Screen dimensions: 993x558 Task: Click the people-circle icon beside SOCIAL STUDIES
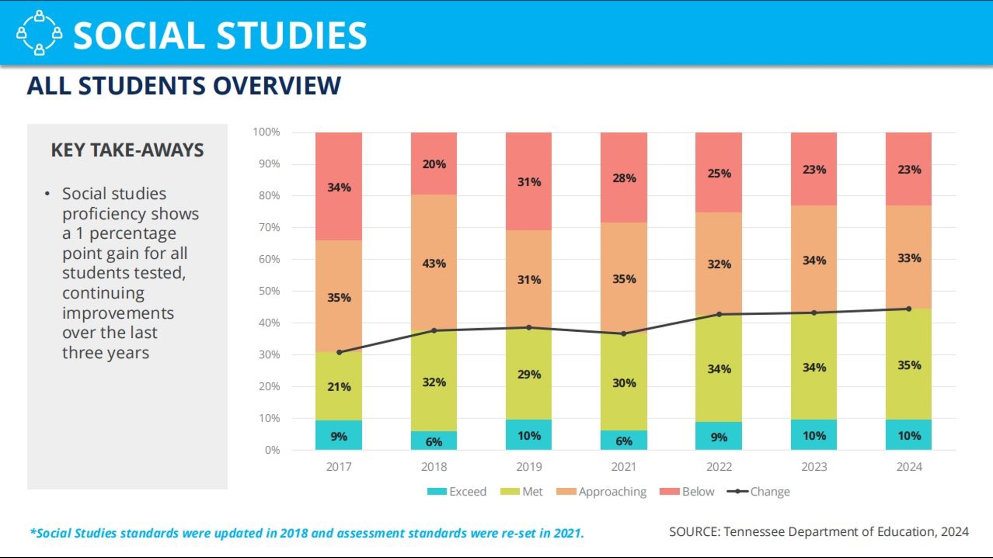point(39,33)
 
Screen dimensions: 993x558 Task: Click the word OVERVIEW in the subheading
point(277,86)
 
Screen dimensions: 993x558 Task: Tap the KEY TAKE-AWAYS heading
point(127,150)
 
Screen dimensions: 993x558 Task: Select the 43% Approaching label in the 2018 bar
point(434,263)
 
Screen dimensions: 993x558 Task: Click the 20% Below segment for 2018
point(434,163)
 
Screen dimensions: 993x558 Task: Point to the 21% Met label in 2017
point(339,386)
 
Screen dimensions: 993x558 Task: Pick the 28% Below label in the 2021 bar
point(624,178)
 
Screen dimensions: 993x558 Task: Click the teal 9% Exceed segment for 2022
point(719,436)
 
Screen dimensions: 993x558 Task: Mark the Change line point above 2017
point(339,352)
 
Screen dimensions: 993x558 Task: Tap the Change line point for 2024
point(909,309)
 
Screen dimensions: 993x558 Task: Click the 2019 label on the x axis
point(529,467)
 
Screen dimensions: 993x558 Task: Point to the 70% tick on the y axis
point(269,227)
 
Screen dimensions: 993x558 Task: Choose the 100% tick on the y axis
point(266,132)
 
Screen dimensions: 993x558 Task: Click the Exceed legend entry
point(457,491)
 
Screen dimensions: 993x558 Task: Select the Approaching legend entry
point(601,492)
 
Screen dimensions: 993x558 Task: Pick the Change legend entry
point(758,492)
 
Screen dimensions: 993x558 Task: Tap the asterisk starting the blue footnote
point(33,531)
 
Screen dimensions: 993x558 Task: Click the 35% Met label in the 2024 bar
point(909,365)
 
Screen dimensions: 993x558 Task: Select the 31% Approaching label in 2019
point(529,280)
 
